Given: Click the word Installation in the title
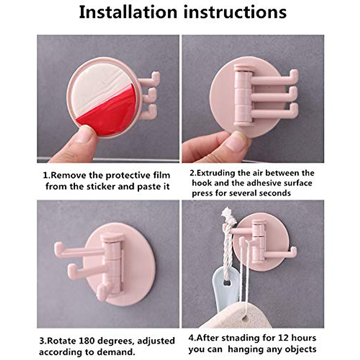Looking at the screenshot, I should [x=128, y=13].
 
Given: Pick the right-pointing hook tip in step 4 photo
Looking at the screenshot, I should [x=293, y=252].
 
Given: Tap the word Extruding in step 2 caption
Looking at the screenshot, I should [x=216, y=173].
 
